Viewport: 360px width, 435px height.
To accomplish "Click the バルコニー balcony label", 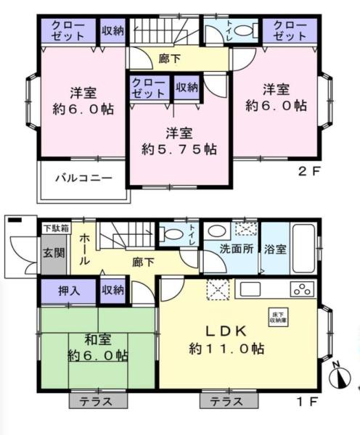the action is [84, 178].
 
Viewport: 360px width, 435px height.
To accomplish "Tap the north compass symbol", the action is [340, 377].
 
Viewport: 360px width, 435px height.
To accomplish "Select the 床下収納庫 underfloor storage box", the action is [278, 317].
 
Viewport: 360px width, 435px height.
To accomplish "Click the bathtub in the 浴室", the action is [304, 248].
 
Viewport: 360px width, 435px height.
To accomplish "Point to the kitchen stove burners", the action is [303, 289].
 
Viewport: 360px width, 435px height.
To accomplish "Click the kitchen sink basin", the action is [250, 289].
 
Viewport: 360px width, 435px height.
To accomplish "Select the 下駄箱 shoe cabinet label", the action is [56, 228].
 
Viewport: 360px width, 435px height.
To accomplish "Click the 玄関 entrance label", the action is [54, 252].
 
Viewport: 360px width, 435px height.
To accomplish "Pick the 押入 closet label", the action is [69, 291].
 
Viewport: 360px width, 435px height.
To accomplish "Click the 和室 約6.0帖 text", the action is [98, 347].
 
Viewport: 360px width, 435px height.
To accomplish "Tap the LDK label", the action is [226, 331].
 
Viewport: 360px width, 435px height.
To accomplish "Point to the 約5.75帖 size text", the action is [179, 149].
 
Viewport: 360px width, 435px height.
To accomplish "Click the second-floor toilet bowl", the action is [243, 30].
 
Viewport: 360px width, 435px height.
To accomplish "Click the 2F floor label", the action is [309, 171].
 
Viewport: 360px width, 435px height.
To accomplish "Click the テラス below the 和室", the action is [98, 401].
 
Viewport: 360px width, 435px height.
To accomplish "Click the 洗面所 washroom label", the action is [237, 249].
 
